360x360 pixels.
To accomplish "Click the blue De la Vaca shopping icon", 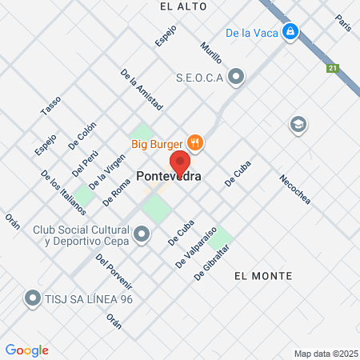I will coord(291,33).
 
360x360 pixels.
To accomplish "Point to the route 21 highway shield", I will coord(332,68).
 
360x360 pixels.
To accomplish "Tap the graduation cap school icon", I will coord(298,124).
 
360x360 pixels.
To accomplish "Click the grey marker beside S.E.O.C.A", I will coord(236,78).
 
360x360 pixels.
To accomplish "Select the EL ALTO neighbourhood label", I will coord(183,6).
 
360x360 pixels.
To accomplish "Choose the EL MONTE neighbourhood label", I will coord(263,275).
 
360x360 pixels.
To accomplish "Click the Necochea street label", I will coord(295,189).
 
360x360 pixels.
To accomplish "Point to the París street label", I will coord(344,22).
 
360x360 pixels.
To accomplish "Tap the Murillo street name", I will coord(211,54).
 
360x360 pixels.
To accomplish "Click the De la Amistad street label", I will coord(142,89).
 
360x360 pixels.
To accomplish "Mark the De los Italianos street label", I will coord(62,192).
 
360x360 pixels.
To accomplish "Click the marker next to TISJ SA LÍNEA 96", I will coord(33,298).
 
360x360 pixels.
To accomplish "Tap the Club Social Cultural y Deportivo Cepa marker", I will coord(142,234).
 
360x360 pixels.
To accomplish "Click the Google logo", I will coord(27,350).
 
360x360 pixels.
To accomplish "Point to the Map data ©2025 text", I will coord(325,354).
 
